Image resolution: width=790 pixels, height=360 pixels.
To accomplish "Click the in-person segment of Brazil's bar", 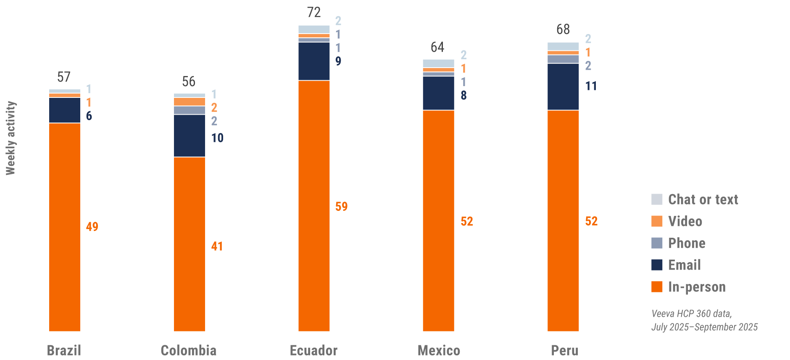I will [65, 227].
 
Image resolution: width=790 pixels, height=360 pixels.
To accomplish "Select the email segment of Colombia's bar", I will [190, 136].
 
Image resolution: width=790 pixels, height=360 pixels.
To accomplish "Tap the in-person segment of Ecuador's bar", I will [314, 206].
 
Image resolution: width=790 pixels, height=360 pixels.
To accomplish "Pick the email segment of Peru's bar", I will [563, 87].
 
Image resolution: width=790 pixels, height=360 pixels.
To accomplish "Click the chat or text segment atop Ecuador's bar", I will [314, 29].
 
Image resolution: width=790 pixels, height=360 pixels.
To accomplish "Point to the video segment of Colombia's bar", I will [190, 102].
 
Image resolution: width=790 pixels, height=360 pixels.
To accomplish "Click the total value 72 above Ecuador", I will [314, 13].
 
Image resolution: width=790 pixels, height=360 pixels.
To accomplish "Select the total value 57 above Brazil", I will [64, 77].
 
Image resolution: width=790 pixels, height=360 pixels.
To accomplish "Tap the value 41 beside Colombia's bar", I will [217, 246].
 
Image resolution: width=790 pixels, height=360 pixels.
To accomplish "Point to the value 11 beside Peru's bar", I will [591, 86].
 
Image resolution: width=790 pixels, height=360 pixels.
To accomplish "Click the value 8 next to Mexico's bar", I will [463, 95].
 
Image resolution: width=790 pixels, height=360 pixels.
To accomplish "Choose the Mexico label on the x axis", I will [439, 350].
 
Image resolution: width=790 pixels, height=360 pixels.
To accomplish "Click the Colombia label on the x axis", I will [189, 350].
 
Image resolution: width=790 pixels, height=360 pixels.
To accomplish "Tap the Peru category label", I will [564, 350].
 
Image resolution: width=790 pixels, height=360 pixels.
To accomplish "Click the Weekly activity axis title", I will [11, 138].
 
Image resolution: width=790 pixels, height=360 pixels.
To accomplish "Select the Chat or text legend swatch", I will [657, 199].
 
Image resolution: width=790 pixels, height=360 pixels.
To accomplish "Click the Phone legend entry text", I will [687, 243].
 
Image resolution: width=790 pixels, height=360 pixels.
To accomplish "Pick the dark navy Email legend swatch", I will [657, 265].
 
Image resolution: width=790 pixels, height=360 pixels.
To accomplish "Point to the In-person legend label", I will [697, 287].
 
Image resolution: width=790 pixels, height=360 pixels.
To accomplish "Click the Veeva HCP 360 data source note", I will [704, 320].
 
